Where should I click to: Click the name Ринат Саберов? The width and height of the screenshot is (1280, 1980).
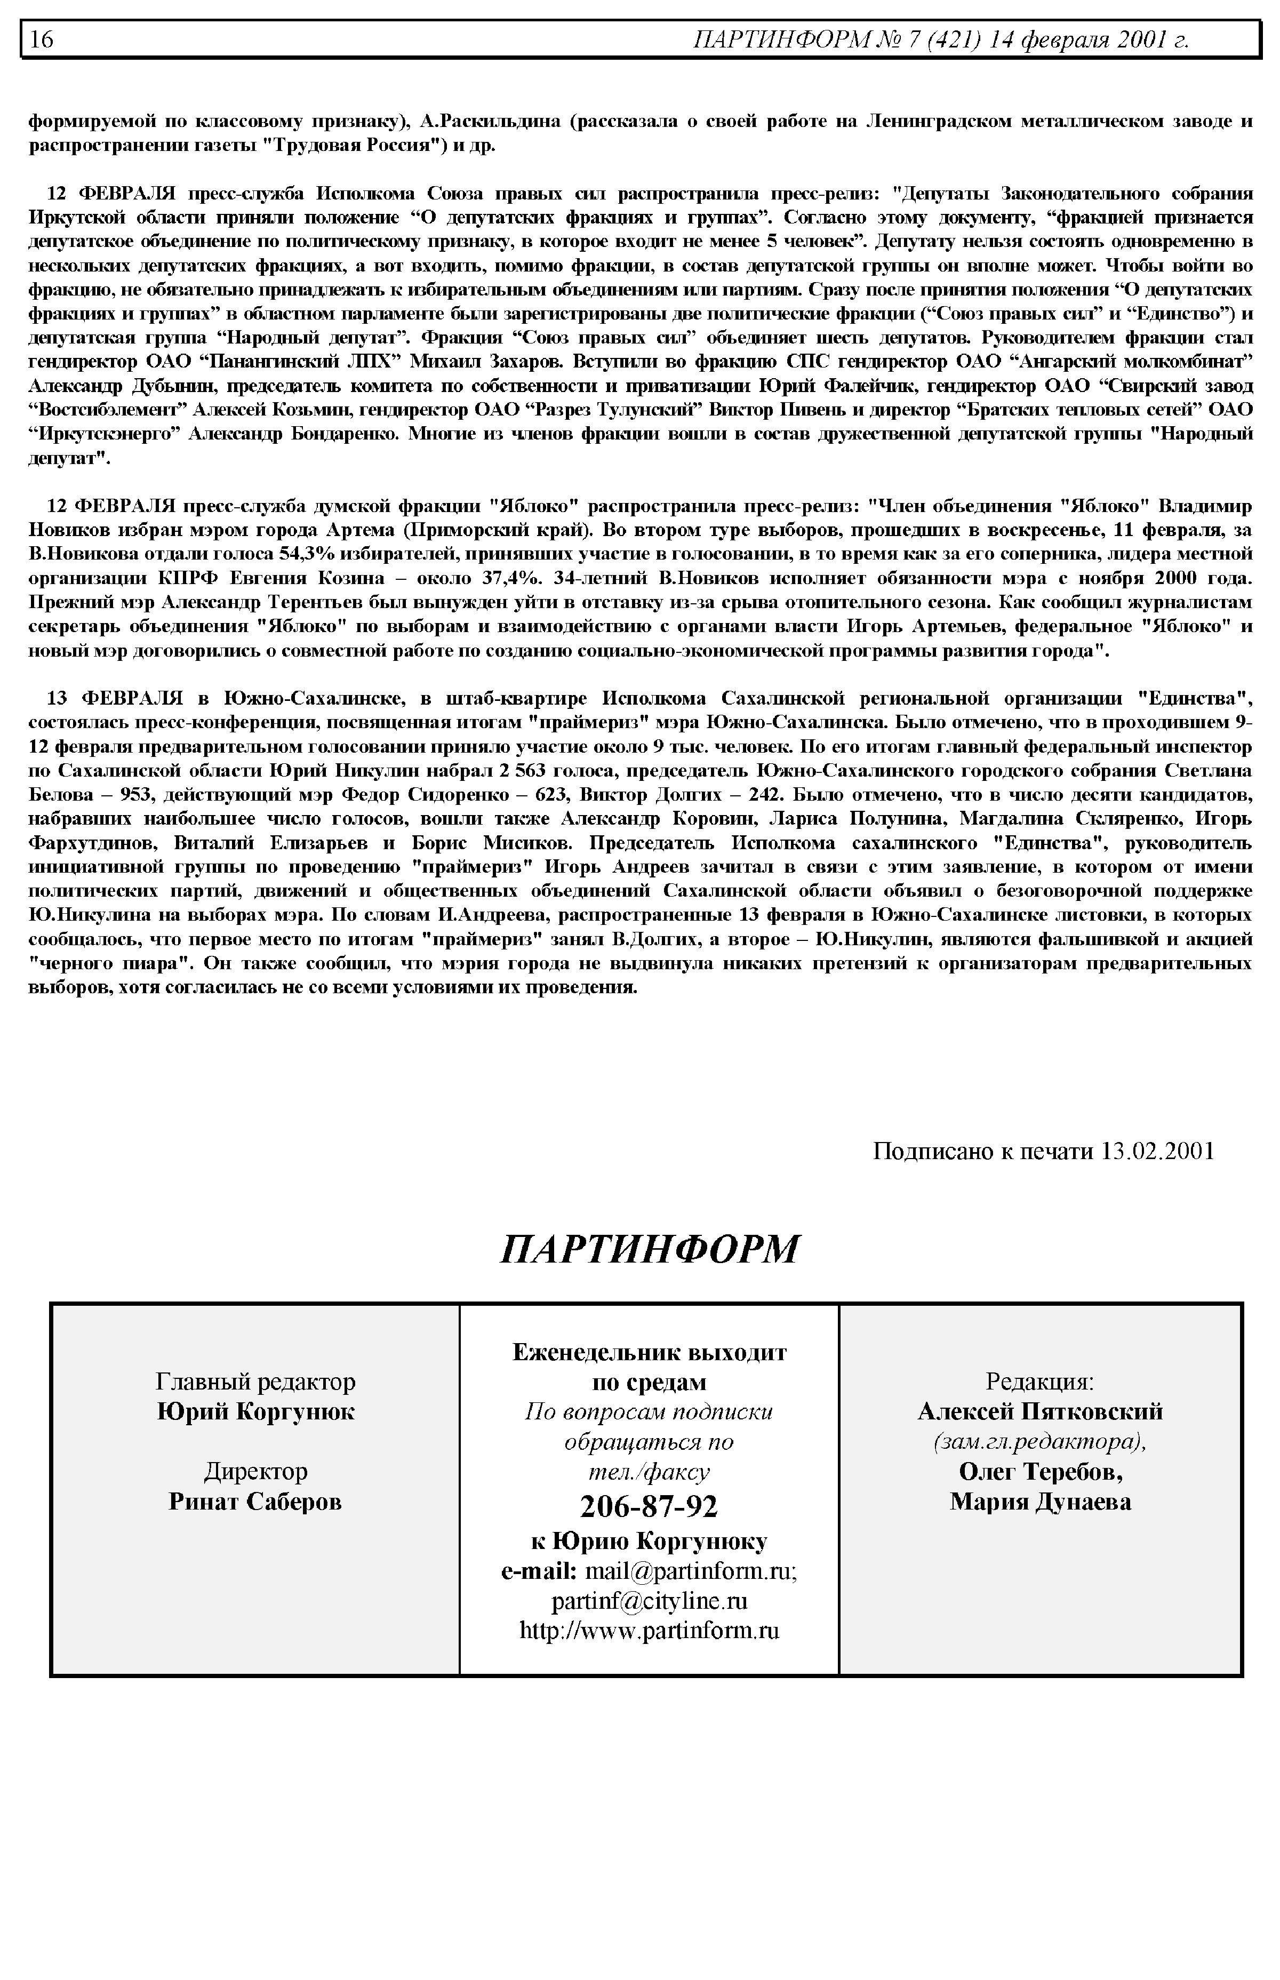[x=255, y=1501]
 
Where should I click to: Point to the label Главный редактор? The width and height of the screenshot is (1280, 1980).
[x=255, y=1382]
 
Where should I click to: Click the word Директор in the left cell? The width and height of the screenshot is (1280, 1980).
[x=255, y=1471]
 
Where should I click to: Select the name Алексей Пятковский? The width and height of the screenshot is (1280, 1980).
[x=1040, y=1411]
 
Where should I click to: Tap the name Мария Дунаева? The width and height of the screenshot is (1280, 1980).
[x=1040, y=1501]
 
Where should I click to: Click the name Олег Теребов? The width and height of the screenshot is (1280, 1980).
[x=1040, y=1471]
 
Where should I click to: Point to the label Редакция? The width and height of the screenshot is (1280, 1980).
[x=1040, y=1382]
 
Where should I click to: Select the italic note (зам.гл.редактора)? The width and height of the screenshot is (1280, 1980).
[x=1040, y=1441]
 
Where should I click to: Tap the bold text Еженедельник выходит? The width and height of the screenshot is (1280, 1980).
[x=649, y=1352]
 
